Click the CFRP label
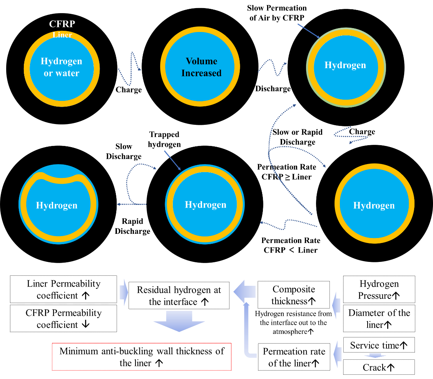62,24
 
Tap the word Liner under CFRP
62,35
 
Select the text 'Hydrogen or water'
62,67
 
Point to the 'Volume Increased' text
201,67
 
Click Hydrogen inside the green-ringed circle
345,65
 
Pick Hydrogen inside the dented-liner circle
57,205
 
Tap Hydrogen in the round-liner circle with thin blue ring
206,205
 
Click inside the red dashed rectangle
142,357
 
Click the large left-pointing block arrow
244,292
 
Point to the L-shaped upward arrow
247,331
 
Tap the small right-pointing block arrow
124,292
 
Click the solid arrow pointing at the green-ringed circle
309,31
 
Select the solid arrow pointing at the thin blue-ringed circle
172,160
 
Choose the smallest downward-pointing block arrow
375,356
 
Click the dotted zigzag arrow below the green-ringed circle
350,135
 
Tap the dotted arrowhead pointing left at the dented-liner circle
119,204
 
